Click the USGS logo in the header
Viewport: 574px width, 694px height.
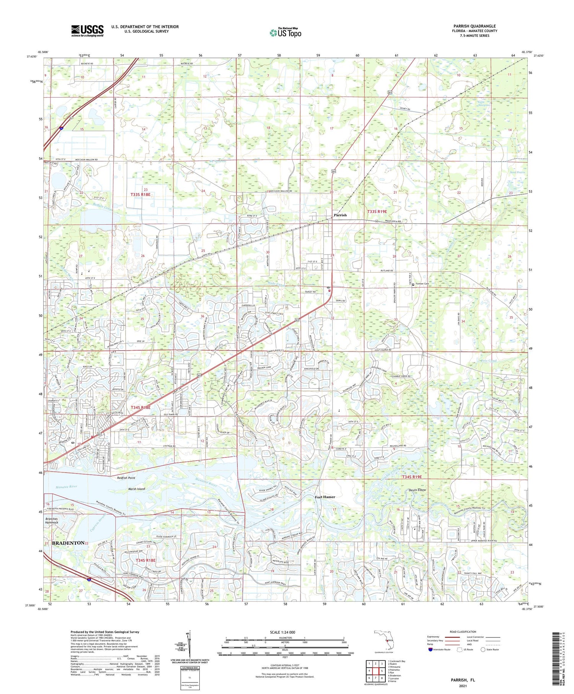[x=87, y=31]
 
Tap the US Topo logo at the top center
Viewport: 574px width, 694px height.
[x=285, y=33]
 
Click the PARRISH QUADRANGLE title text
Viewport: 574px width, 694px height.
[x=475, y=26]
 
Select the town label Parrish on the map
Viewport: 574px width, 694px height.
[x=340, y=215]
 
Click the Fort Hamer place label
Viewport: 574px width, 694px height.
[x=325, y=497]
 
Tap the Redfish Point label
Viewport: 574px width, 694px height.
[x=126, y=478]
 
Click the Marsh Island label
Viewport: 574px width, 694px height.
[x=137, y=489]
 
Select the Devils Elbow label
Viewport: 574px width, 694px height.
[x=417, y=490]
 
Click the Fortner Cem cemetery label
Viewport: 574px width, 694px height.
[x=422, y=284]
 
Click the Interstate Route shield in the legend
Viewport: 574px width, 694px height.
[x=430, y=649]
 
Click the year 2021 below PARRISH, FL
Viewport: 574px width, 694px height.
[x=462, y=686]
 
